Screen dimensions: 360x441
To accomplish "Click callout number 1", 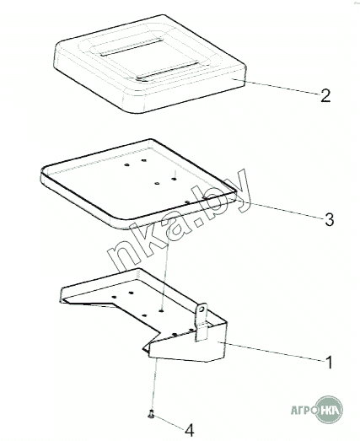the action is [x=329, y=363].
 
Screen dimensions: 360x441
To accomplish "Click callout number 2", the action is [x=325, y=96].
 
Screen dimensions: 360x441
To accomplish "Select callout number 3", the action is [x=330, y=219].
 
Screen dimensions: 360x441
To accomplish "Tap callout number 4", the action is [x=190, y=430].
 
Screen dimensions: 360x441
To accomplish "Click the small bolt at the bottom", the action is [x=151, y=414].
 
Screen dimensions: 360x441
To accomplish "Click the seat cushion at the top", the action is [x=149, y=64].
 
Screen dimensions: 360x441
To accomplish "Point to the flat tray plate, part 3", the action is [x=138, y=183].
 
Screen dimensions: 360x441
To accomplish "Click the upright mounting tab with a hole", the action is [x=201, y=321].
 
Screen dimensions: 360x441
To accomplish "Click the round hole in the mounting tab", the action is [x=201, y=309].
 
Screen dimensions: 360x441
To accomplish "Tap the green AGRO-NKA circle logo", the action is [x=329, y=409].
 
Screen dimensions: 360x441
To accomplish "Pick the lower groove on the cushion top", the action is [x=168, y=72].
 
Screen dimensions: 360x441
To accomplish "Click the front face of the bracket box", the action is [x=187, y=345].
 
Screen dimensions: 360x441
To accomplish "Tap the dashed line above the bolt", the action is [x=154, y=385].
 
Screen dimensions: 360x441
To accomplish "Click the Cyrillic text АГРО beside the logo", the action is [x=304, y=410].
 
